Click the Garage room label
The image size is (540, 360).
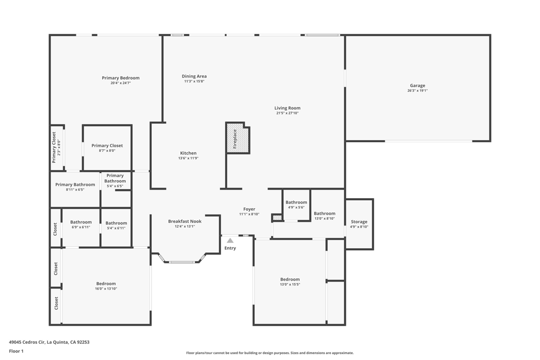point(417,85)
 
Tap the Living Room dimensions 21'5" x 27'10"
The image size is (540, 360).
point(287,113)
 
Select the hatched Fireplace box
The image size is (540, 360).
point(237,138)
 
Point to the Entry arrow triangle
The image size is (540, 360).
point(230,241)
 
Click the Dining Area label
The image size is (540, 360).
point(194,76)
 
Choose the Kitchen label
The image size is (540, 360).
point(188,153)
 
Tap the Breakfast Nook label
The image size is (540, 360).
point(185,221)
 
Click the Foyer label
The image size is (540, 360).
point(249,209)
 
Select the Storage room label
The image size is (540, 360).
point(359,222)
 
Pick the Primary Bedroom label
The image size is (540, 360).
point(121,78)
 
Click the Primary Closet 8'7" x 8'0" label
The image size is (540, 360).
point(107,146)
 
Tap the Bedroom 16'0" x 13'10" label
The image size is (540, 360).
point(106,284)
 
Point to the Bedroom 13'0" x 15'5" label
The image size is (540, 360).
point(290,279)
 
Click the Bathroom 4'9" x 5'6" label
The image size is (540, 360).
point(296,202)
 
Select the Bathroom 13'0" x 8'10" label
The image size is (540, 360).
point(324,213)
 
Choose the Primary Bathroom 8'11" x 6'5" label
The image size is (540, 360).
point(75,185)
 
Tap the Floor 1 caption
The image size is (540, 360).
point(16,351)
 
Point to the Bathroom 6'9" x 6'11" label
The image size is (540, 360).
point(81,222)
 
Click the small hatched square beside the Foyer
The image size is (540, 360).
point(277,217)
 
